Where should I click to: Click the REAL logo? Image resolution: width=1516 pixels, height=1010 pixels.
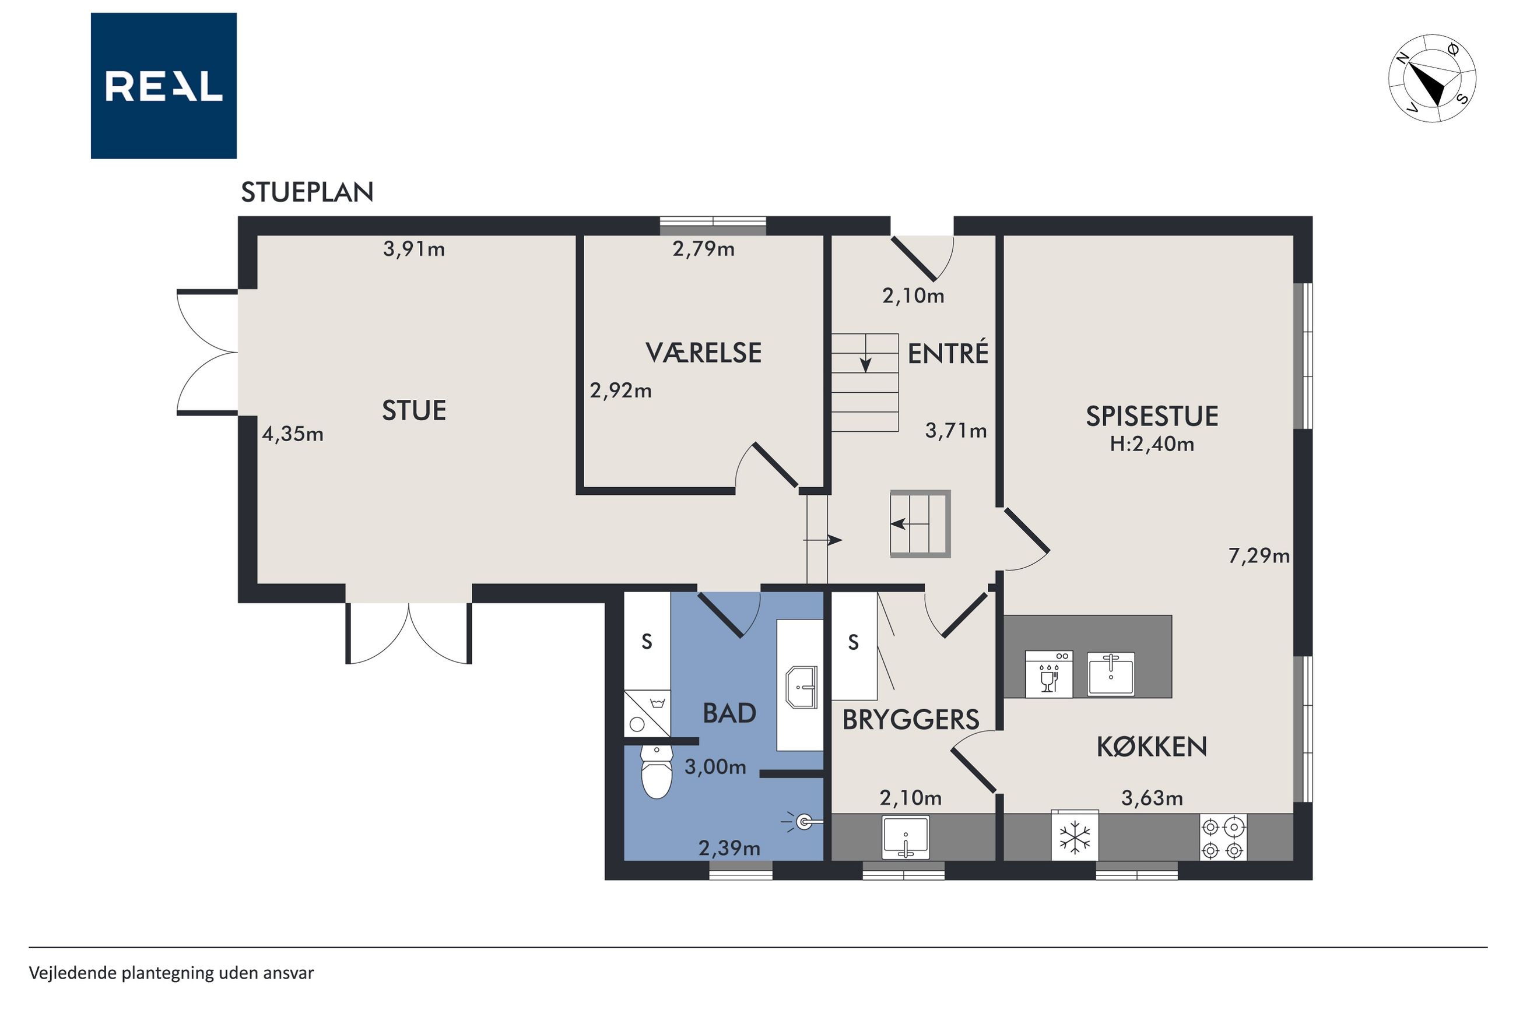pyautogui.click(x=163, y=86)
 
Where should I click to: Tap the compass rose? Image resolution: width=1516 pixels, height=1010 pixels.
pyautogui.click(x=1431, y=79)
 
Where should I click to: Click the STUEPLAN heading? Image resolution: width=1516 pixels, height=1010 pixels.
pyautogui.click(x=307, y=192)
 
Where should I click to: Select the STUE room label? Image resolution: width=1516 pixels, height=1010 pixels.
pyautogui.click(x=413, y=410)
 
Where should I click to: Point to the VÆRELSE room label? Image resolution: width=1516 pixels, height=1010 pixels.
pyautogui.click(x=704, y=353)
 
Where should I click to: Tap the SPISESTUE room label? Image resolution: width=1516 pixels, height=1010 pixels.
pyautogui.click(x=1152, y=416)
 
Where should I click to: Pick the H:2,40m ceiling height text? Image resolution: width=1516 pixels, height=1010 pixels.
pyautogui.click(x=1152, y=444)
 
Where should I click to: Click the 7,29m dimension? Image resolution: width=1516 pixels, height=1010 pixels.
pyautogui.click(x=1259, y=555)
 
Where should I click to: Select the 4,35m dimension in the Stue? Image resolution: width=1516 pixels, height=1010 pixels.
pyautogui.click(x=293, y=434)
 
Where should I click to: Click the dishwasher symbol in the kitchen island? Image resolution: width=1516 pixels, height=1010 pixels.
pyautogui.click(x=1049, y=674)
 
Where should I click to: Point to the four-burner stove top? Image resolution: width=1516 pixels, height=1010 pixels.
pyautogui.click(x=1223, y=837)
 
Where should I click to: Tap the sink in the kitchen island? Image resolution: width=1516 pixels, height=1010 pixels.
pyautogui.click(x=1111, y=674)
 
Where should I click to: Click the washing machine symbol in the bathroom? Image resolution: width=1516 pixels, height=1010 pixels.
pyautogui.click(x=647, y=713)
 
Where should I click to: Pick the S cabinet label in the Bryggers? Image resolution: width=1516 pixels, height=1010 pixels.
pyautogui.click(x=853, y=642)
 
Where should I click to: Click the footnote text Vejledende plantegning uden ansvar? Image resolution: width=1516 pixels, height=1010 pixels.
pyautogui.click(x=171, y=973)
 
